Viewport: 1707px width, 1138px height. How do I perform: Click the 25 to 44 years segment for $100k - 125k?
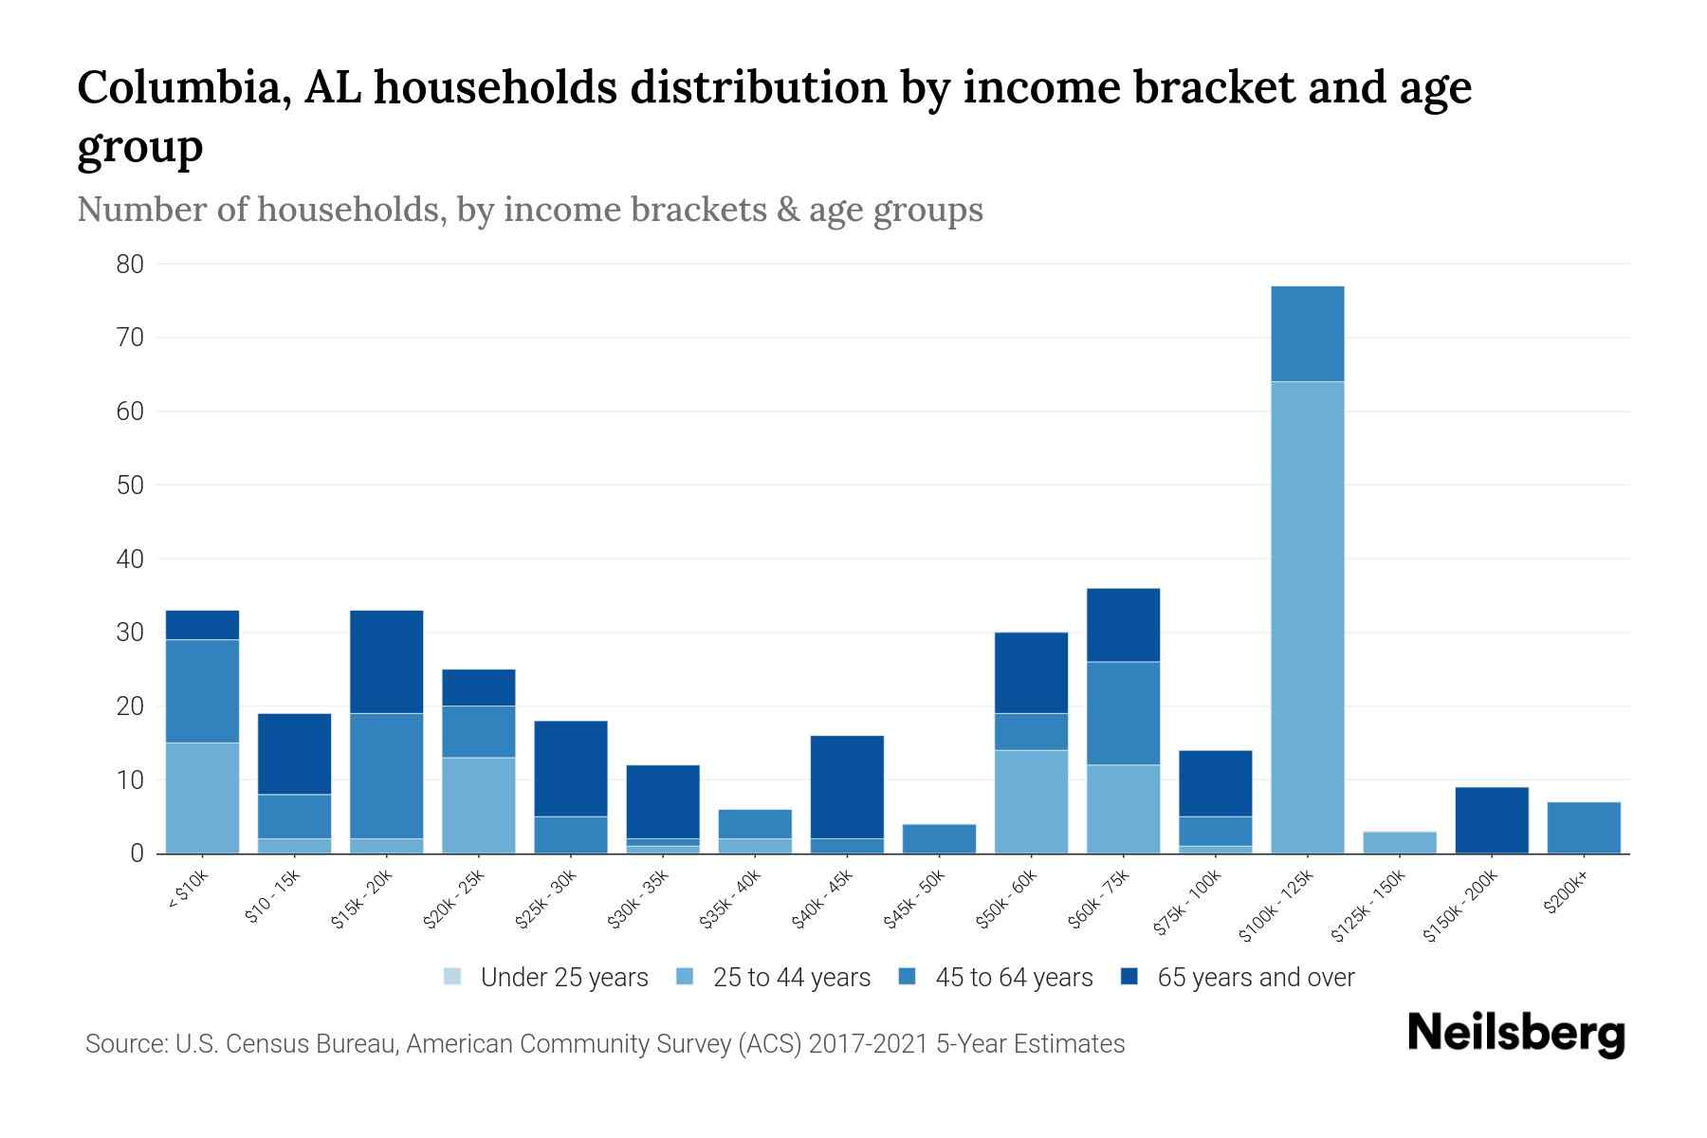click(1307, 616)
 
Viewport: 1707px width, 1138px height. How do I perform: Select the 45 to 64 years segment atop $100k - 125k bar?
click(1307, 334)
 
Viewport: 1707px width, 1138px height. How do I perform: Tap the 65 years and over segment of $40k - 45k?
click(847, 787)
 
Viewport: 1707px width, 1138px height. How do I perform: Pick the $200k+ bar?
click(1583, 828)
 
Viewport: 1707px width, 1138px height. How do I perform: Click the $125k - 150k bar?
click(1399, 842)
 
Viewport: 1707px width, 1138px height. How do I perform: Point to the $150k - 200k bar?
click(1491, 820)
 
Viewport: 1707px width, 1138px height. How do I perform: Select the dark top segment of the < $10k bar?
click(202, 625)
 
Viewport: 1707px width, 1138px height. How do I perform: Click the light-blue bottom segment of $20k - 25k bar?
click(478, 805)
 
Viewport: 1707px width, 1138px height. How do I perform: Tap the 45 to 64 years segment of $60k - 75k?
click(1123, 713)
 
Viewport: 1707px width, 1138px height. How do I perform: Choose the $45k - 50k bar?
click(939, 838)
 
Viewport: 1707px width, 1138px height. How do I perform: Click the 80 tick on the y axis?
click(130, 265)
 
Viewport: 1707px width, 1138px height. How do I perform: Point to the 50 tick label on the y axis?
click(130, 486)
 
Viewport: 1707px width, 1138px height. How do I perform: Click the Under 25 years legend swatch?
click(453, 977)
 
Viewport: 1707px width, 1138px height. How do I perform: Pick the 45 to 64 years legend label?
click(1013, 978)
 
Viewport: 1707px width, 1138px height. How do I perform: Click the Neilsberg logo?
click(1515, 1034)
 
